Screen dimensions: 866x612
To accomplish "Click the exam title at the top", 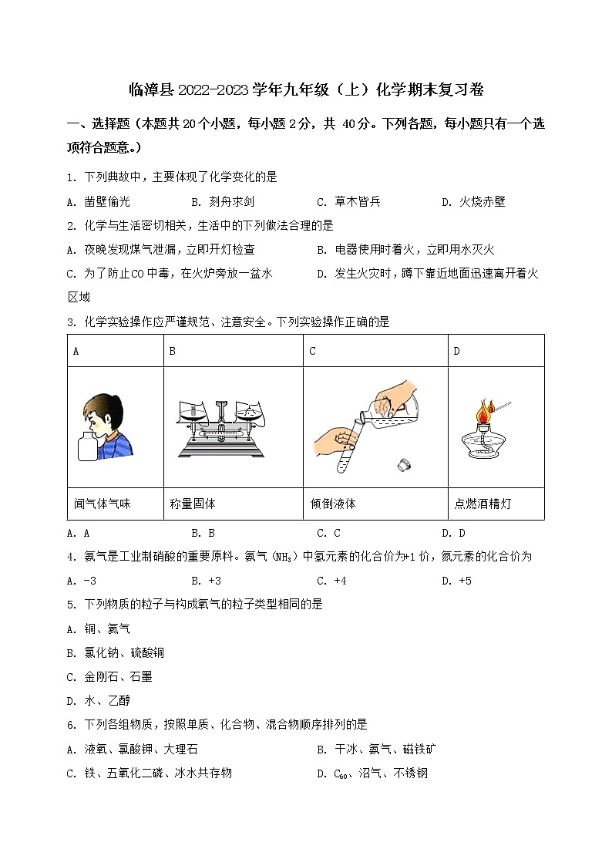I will point(306,89).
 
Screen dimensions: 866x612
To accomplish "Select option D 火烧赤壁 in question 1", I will point(473,202).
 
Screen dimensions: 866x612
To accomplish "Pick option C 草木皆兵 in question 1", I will point(348,202).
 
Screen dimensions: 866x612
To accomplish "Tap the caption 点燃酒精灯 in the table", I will point(483,504).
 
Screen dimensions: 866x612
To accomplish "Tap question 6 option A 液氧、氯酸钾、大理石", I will point(133,749).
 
